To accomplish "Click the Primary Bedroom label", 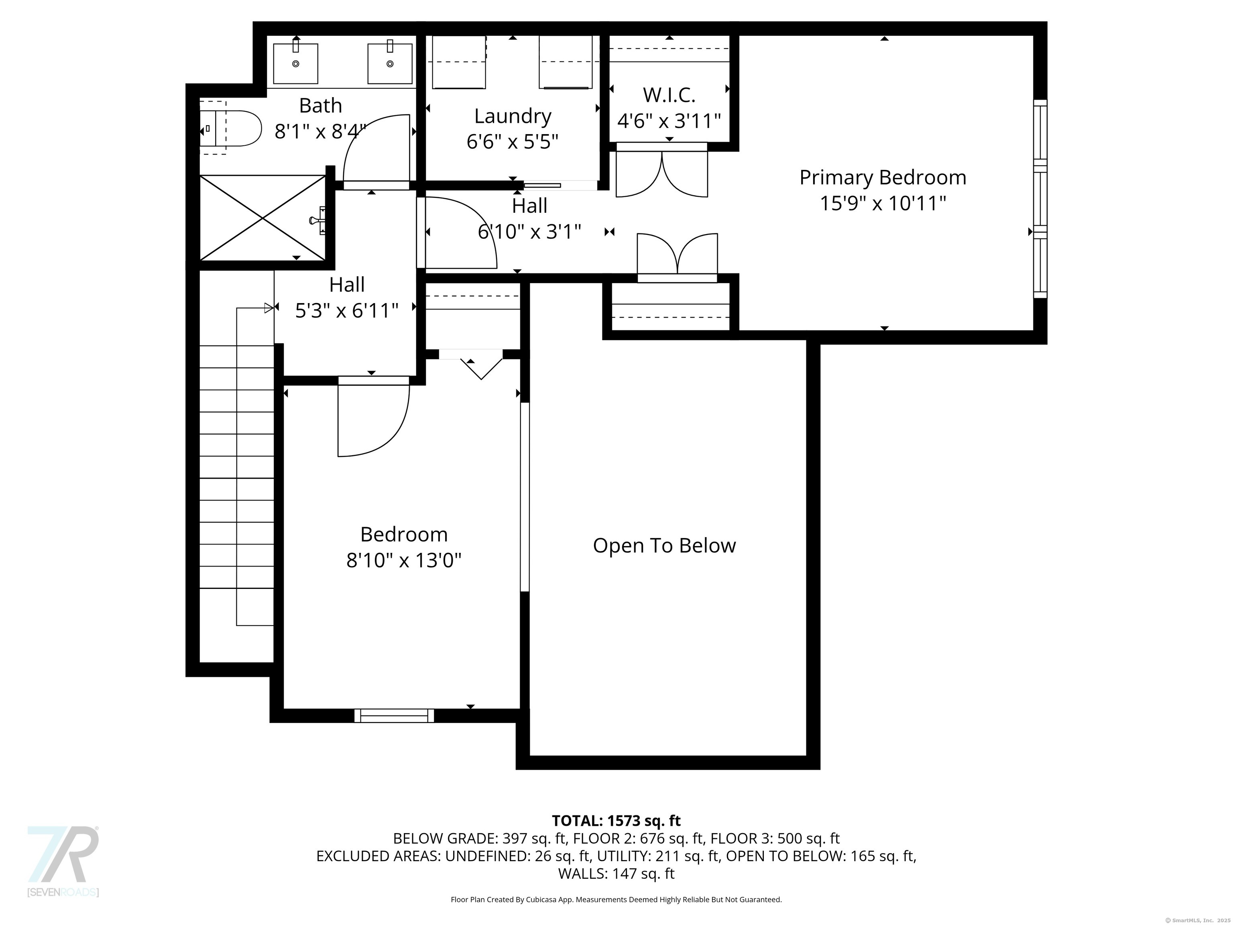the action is point(882,177).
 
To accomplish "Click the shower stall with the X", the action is point(262,218).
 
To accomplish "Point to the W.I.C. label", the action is point(669,95).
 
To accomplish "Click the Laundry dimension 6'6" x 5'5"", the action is point(512,142).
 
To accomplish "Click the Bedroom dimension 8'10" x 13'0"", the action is point(404,560).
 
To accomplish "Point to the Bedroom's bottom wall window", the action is point(394,715).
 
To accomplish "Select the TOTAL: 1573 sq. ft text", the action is point(616,821).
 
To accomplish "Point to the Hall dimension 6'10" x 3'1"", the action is point(529,231).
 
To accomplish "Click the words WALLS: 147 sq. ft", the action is point(616,874).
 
